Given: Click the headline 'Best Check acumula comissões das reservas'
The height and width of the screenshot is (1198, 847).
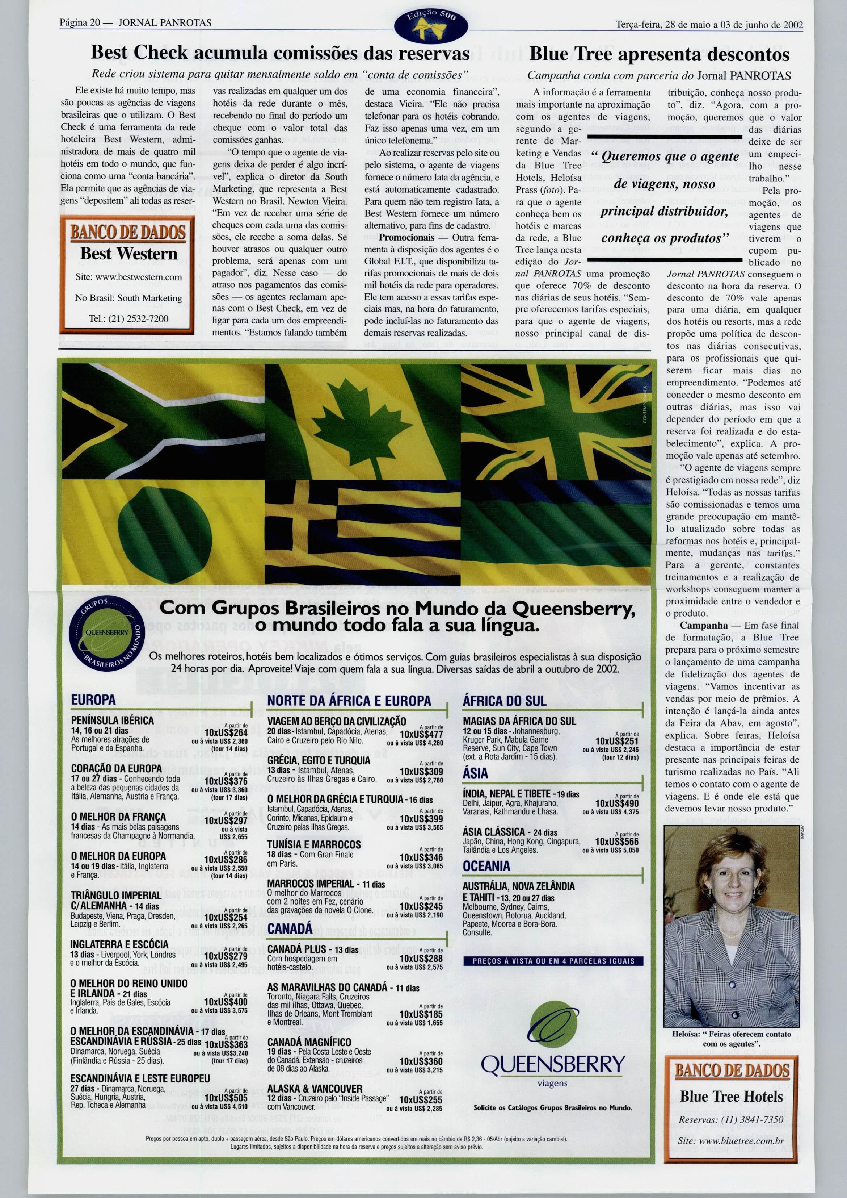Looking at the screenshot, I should (280, 53).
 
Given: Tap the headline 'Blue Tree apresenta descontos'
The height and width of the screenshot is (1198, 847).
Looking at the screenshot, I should (659, 54).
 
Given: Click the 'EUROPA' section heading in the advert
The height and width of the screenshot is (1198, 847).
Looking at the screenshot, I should (93, 700).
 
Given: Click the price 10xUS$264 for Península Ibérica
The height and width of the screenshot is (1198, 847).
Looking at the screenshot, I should (226, 733).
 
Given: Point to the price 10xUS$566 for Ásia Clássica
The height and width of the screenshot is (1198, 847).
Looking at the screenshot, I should (617, 842).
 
